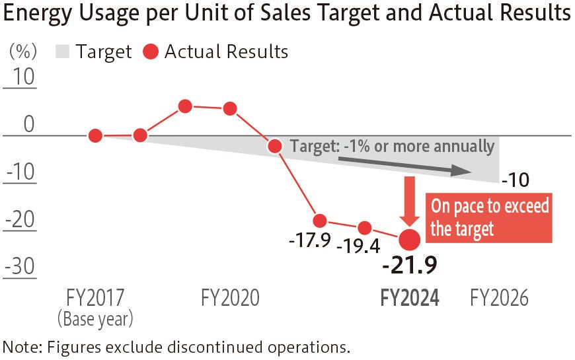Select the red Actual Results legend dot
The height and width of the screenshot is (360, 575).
(151, 52)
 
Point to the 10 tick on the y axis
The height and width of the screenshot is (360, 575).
(20, 77)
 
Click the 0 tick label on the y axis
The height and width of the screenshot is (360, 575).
(27, 124)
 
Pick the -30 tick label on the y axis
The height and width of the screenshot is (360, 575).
(20, 266)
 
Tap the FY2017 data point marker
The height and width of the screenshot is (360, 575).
(95, 136)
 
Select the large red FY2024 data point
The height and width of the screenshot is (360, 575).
(410, 238)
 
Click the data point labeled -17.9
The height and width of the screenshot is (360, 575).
(320, 221)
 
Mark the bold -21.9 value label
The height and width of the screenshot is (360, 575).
(410, 265)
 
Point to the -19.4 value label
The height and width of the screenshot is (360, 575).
(358, 247)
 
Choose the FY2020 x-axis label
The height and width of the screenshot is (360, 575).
(230, 298)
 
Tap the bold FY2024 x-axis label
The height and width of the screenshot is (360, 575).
(410, 298)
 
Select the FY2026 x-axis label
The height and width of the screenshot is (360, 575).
(500, 298)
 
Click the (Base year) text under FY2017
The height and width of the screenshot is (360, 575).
(95, 320)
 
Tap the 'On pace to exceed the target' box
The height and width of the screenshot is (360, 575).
(490, 217)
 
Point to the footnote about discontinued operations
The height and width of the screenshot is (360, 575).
(176, 346)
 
